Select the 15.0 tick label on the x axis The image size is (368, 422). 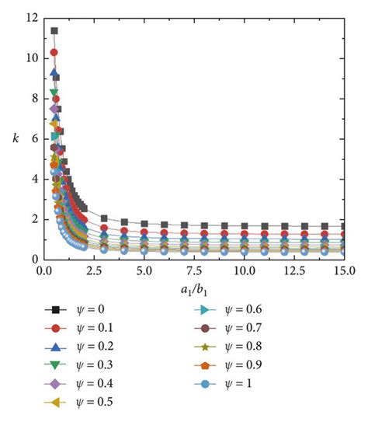(x=344, y=273)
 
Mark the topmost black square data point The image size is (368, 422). (x=54, y=31)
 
